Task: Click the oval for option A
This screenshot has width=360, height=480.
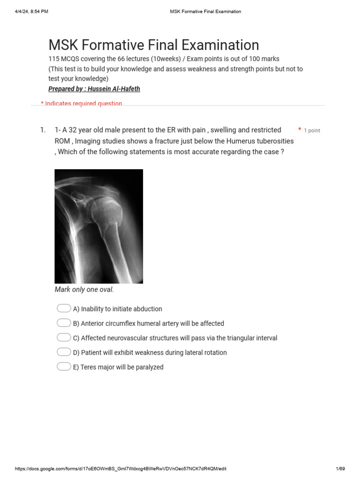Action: coord(64,308)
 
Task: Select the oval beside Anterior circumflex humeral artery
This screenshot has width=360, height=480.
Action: coord(64,323)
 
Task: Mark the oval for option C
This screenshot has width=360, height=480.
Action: coord(64,337)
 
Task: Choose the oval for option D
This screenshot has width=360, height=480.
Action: coord(64,352)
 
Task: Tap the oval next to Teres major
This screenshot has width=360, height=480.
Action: coord(64,367)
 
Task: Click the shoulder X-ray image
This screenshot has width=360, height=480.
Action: coord(98,226)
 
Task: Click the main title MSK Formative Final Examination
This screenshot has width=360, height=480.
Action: coord(154,45)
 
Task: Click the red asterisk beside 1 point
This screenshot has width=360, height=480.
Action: coord(300,129)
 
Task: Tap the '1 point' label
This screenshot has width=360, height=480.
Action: coord(312,131)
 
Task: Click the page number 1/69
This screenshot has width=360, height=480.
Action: coord(340,469)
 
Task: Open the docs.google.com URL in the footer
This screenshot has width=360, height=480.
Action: coord(121,469)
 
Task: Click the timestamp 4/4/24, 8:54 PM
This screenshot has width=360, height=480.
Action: coord(31,11)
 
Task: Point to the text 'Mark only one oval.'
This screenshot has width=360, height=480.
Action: coord(84,290)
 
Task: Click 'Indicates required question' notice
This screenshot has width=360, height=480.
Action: coord(83,104)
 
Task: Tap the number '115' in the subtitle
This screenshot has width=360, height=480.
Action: coord(54,59)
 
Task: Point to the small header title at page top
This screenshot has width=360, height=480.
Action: coord(205,11)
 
